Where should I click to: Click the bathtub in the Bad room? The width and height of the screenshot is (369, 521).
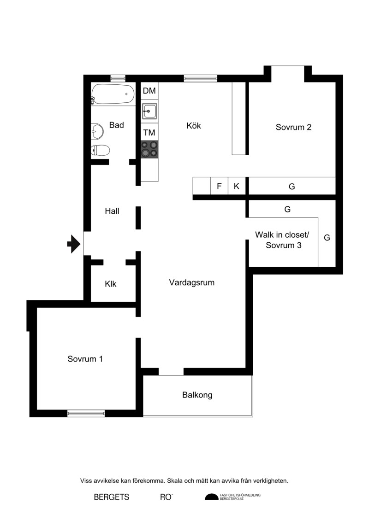(113, 94)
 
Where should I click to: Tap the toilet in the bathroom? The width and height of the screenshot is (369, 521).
(100, 151)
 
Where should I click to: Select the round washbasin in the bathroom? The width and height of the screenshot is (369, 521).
(97, 131)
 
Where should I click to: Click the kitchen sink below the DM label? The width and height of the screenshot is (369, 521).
(150, 111)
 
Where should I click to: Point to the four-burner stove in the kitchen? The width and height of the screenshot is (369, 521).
(149, 149)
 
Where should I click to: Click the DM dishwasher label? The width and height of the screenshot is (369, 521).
(149, 91)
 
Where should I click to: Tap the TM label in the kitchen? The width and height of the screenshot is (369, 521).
(149, 133)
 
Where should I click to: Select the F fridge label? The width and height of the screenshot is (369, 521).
(219, 186)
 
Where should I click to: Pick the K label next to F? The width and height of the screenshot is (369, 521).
(236, 186)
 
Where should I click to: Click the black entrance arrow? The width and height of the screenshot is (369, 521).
(74, 244)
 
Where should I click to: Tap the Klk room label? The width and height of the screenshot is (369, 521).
(110, 284)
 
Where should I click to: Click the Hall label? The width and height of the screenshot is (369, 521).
(112, 211)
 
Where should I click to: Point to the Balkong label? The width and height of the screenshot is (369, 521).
(197, 395)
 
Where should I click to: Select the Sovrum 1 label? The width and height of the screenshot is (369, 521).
(85, 359)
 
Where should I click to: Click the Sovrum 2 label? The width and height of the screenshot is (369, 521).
(293, 127)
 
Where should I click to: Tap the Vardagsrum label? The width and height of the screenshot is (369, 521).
(192, 283)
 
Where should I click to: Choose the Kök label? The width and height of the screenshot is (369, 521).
(194, 126)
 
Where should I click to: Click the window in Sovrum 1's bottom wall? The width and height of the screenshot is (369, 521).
(86, 413)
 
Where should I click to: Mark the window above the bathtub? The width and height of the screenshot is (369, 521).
(118, 78)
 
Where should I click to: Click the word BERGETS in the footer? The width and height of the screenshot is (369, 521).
(112, 497)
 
